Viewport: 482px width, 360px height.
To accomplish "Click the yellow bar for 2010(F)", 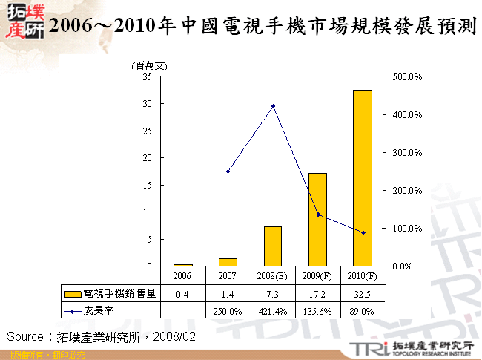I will click(x=363, y=178).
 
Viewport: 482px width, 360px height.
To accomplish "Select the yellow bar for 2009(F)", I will click(x=317, y=220).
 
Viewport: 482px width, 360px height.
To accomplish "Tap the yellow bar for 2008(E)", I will click(x=273, y=246).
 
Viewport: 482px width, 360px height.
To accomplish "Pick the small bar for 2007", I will click(x=228, y=262).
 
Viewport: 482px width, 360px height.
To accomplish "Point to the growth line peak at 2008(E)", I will click(x=273, y=106).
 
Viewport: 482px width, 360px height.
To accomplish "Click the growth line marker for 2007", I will click(x=228, y=171).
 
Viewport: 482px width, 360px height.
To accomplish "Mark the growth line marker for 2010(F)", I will click(x=363, y=232).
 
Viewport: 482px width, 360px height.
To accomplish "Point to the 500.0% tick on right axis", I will click(x=407, y=76).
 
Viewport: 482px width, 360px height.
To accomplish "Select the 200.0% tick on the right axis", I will click(x=407, y=190).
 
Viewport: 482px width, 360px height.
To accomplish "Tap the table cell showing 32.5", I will click(x=363, y=293).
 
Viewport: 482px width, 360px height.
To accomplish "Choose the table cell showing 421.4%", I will click(x=273, y=311).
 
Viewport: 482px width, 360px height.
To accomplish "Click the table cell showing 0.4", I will click(x=183, y=293).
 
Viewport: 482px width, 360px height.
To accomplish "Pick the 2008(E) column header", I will click(x=273, y=276).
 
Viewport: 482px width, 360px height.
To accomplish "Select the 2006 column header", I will click(x=183, y=276).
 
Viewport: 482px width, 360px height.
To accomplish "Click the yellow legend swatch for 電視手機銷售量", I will click(x=72, y=293).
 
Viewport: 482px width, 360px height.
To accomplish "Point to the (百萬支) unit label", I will click(x=149, y=66).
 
